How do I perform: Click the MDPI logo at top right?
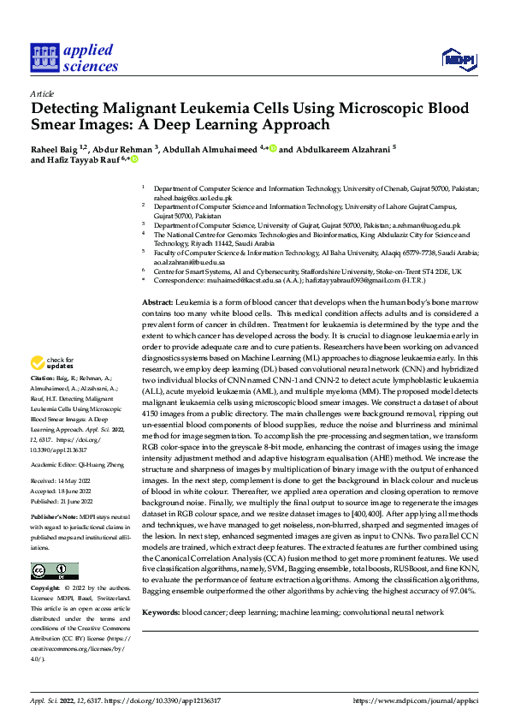(459, 57)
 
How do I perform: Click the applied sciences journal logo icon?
(44, 58)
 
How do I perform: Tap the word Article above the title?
(42, 92)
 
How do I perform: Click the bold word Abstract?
(157, 303)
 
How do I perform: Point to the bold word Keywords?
(161, 612)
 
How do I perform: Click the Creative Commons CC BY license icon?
(55, 571)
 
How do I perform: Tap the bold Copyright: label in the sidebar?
(45, 589)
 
